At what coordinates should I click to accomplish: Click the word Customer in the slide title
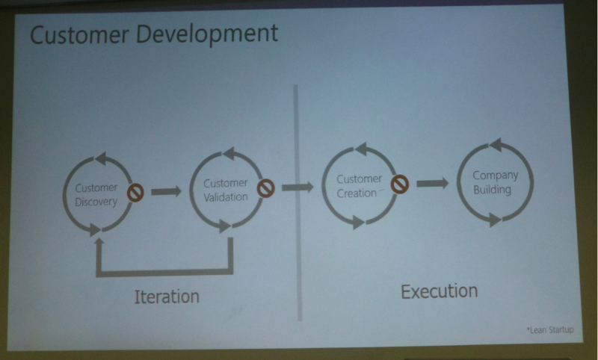[80, 34]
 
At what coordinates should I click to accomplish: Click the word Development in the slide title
[207, 35]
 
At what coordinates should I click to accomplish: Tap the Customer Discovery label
[96, 195]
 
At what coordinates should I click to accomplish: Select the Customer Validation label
[226, 190]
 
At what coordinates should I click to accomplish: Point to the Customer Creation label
[359, 186]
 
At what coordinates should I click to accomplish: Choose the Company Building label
[495, 182]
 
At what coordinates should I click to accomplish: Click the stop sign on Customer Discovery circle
[135, 193]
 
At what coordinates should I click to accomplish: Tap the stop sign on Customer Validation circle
[265, 188]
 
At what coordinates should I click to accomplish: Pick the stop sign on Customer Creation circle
[400, 184]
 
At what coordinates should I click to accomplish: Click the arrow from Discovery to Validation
[166, 191]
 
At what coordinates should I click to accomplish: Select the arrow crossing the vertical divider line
[298, 187]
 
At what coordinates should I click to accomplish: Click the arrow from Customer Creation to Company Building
[433, 183]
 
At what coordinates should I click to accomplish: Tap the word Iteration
[167, 297]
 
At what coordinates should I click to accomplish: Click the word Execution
[440, 291]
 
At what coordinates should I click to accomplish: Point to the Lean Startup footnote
[550, 330]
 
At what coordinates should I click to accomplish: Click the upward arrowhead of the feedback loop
[99, 242]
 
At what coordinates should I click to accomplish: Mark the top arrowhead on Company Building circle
[496, 145]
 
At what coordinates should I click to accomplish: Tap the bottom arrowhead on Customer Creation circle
[358, 223]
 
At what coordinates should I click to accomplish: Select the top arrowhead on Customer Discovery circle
[101, 158]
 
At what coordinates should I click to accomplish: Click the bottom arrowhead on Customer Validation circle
[225, 226]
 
